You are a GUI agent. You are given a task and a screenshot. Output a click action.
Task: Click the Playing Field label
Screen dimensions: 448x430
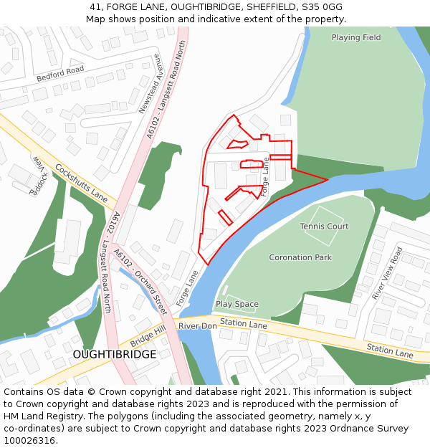pyautogui.click(x=356, y=37)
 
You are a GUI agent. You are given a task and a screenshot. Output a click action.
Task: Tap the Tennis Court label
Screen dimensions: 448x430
pyautogui.click(x=324, y=227)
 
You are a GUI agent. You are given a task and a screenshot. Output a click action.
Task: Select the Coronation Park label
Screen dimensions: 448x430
pyautogui.click(x=300, y=257)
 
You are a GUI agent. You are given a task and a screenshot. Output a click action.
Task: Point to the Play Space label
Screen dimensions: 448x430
pyautogui.click(x=237, y=304)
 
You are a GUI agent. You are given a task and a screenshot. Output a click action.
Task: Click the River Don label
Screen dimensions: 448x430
pyautogui.click(x=198, y=326)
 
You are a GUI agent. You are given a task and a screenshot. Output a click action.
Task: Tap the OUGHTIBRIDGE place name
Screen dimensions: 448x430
pyautogui.click(x=114, y=355)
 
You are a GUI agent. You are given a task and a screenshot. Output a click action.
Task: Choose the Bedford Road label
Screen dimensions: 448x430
pyautogui.click(x=61, y=74)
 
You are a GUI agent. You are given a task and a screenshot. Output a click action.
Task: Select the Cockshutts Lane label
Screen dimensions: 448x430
pyautogui.click(x=81, y=184)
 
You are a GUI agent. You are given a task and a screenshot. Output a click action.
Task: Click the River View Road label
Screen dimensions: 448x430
pyautogui.click(x=388, y=273)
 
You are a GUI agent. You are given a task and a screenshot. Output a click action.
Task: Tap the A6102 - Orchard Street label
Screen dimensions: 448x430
pyautogui.click(x=140, y=282)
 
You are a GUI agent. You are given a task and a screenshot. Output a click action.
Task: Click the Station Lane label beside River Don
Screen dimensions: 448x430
pyautogui.click(x=243, y=325)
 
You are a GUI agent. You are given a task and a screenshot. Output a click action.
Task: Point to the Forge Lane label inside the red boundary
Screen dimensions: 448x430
pyautogui.click(x=265, y=177)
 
